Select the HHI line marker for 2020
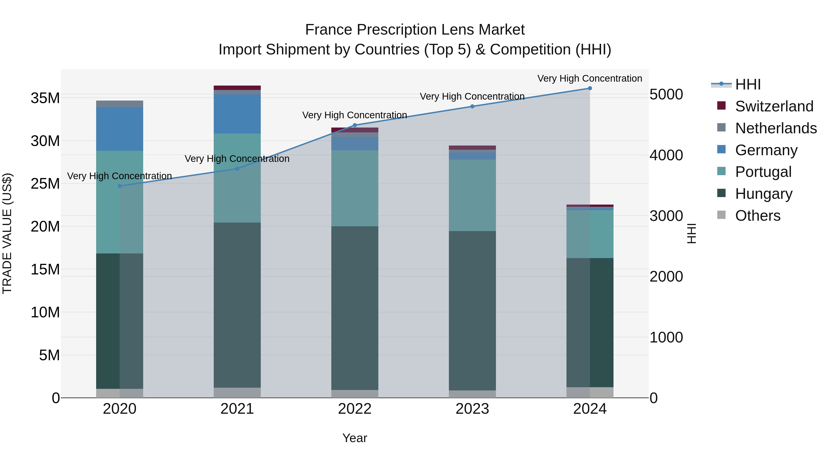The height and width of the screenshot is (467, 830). coord(119,186)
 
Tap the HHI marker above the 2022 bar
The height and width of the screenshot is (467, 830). coord(355,125)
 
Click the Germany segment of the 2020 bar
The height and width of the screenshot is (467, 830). coord(119,129)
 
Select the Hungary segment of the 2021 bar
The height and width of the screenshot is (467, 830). coord(237,305)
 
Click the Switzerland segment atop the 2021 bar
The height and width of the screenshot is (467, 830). coord(237,88)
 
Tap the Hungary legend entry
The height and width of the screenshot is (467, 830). coord(763,194)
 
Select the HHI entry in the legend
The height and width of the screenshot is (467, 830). coord(747,84)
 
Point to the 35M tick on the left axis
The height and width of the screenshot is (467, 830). coord(45,98)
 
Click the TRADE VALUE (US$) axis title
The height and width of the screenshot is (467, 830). coord(7,233)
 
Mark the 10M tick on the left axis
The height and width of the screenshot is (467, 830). coord(45,312)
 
